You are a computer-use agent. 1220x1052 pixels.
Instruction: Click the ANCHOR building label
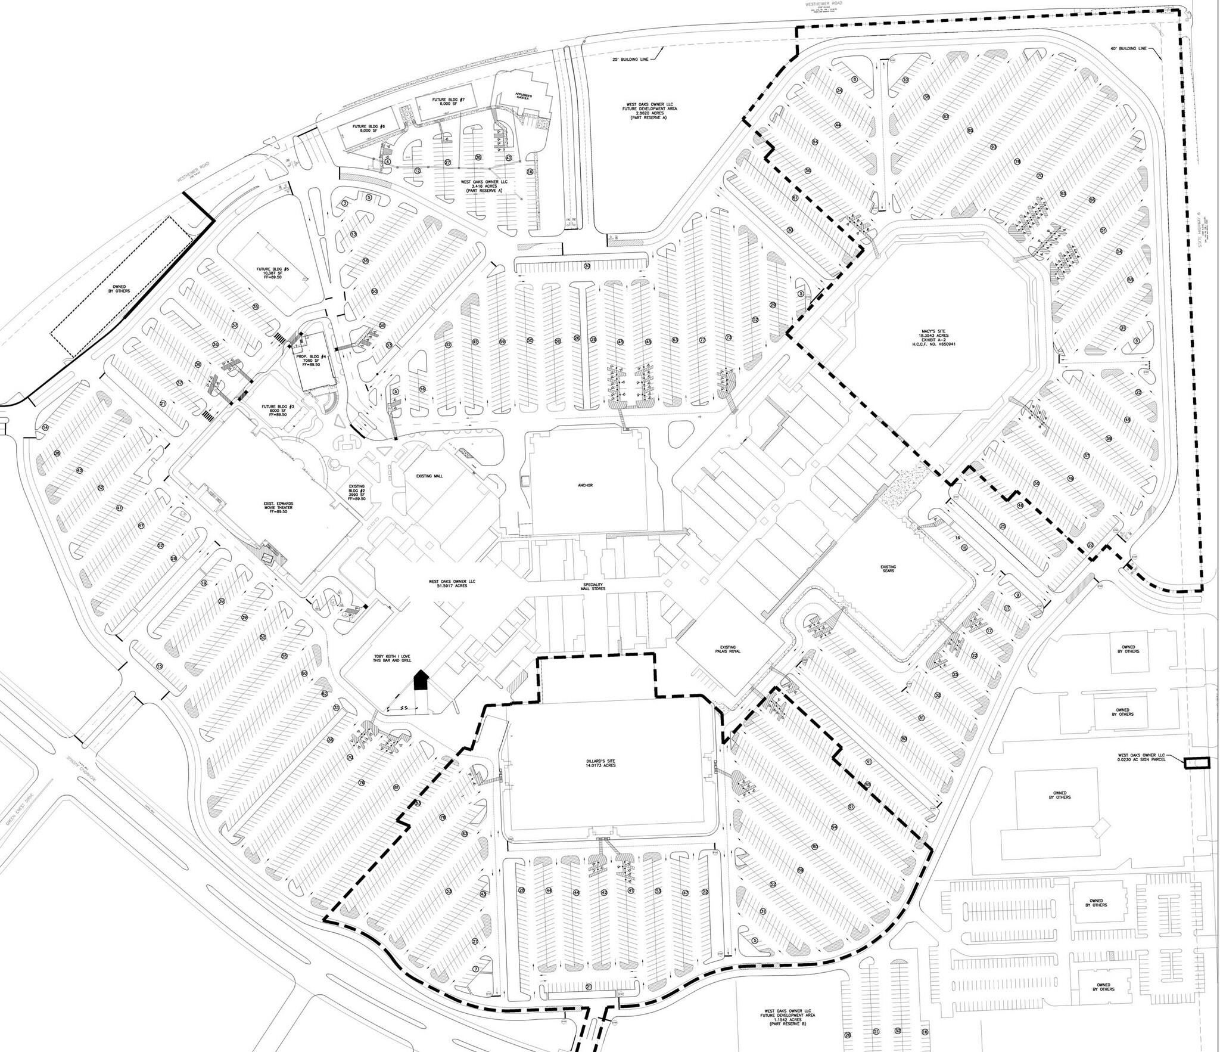tap(584, 486)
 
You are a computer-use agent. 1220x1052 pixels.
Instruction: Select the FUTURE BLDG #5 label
tap(273, 273)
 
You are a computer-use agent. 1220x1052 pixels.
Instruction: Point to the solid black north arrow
tap(421, 679)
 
